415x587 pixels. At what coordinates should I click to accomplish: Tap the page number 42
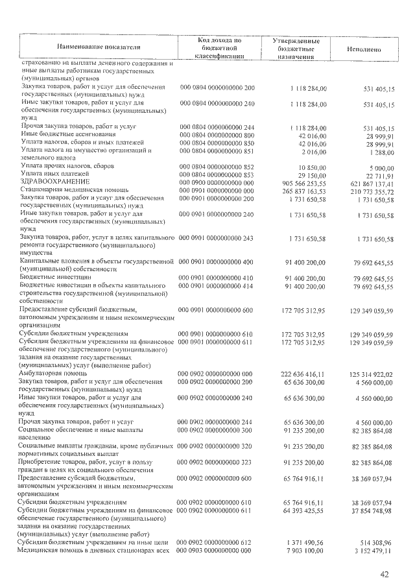pos(385,573)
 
